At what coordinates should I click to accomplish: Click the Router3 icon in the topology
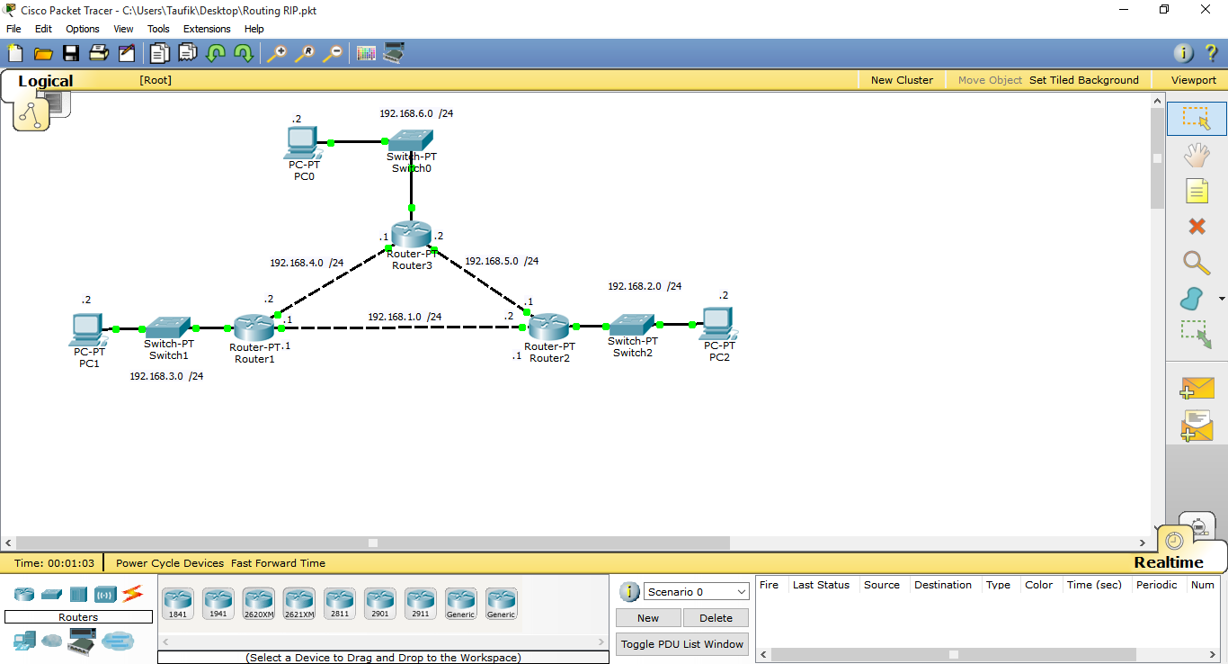tap(412, 234)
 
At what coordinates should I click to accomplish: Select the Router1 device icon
tap(254, 328)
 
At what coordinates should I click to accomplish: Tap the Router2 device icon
tap(548, 327)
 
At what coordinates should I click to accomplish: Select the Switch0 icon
tap(411, 139)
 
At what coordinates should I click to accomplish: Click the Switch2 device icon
tap(632, 325)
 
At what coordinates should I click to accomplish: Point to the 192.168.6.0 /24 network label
tap(416, 114)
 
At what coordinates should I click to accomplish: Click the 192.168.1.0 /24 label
tap(405, 317)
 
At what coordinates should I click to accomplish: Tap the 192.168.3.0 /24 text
tap(166, 376)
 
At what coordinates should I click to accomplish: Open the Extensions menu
tap(207, 29)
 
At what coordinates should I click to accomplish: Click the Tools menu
tap(158, 29)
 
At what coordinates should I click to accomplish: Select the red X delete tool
tap(1197, 227)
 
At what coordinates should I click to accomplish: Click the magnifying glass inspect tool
tap(1197, 263)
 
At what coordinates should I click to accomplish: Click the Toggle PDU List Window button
tap(682, 644)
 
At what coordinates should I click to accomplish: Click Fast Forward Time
tap(278, 563)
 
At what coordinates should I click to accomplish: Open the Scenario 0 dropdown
tap(697, 592)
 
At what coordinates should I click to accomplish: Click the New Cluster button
tap(902, 80)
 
